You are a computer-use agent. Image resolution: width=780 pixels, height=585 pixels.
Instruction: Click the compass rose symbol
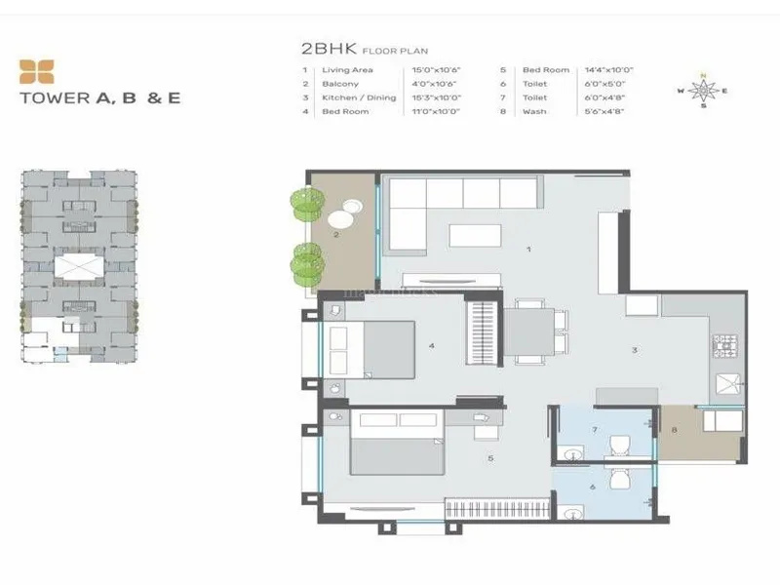click(703, 91)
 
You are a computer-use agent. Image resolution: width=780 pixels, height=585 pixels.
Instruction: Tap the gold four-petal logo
click(37, 71)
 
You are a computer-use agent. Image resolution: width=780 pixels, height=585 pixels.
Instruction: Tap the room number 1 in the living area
click(527, 250)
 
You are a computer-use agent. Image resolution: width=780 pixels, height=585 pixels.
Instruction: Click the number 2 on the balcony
click(335, 235)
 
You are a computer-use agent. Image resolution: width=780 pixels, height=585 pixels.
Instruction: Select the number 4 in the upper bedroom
click(430, 345)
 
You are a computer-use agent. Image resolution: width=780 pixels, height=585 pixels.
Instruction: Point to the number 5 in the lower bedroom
click(489, 458)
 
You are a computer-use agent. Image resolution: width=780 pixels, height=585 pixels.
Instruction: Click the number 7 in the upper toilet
click(594, 430)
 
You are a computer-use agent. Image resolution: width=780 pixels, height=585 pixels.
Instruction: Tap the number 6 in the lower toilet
click(592, 487)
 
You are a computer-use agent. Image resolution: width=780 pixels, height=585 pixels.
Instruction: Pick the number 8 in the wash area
click(673, 430)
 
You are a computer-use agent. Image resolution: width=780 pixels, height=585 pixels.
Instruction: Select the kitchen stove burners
click(725, 345)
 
